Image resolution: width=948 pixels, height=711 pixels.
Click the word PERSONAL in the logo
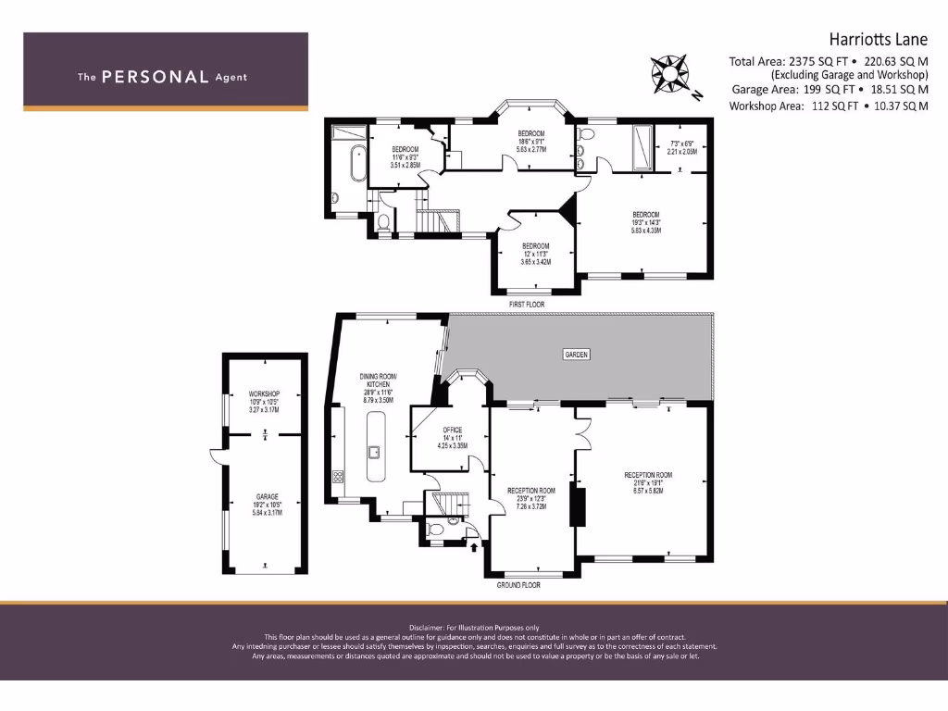[155, 77]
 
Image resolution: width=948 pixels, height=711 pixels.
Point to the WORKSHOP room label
[264, 394]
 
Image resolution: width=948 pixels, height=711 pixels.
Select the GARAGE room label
[267, 497]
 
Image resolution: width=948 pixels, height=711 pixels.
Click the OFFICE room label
[453, 430]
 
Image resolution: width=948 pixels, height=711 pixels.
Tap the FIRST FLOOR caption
[527, 304]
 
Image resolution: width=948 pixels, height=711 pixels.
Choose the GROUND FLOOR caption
[518, 585]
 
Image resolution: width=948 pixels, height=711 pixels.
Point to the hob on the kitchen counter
[338, 478]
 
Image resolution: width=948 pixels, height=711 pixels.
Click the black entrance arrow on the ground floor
[476, 547]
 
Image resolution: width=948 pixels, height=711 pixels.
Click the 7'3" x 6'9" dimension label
[681, 143]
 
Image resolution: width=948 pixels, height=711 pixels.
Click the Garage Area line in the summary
[829, 90]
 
